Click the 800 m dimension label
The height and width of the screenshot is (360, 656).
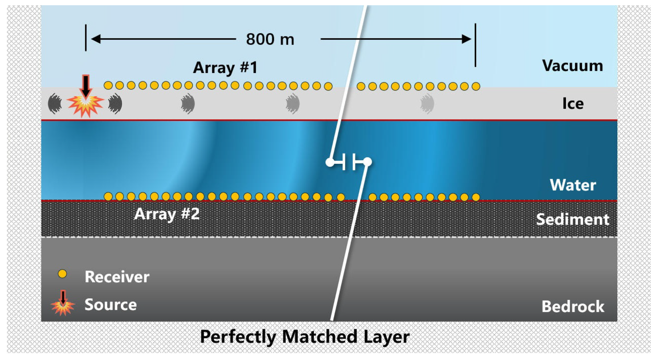270,39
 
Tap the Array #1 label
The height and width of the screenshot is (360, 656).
225,68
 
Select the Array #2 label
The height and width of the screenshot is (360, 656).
167,214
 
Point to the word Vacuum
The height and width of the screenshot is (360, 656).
572,66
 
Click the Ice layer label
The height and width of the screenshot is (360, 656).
573,104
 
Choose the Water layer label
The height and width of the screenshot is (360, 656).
573,185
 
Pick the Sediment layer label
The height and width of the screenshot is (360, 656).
572,219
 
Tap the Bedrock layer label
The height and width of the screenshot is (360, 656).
573,307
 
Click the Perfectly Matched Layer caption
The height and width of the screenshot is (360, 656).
305,337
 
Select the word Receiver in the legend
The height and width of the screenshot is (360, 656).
117,277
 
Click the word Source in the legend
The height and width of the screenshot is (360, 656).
111,305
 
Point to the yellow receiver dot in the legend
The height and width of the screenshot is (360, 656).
62,274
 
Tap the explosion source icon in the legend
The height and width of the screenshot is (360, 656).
63,305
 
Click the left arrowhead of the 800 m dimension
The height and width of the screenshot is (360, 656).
95,39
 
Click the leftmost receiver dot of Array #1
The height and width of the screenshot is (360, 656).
108,85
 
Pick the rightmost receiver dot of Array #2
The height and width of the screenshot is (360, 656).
476,197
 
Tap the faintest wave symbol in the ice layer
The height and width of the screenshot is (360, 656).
427,104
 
